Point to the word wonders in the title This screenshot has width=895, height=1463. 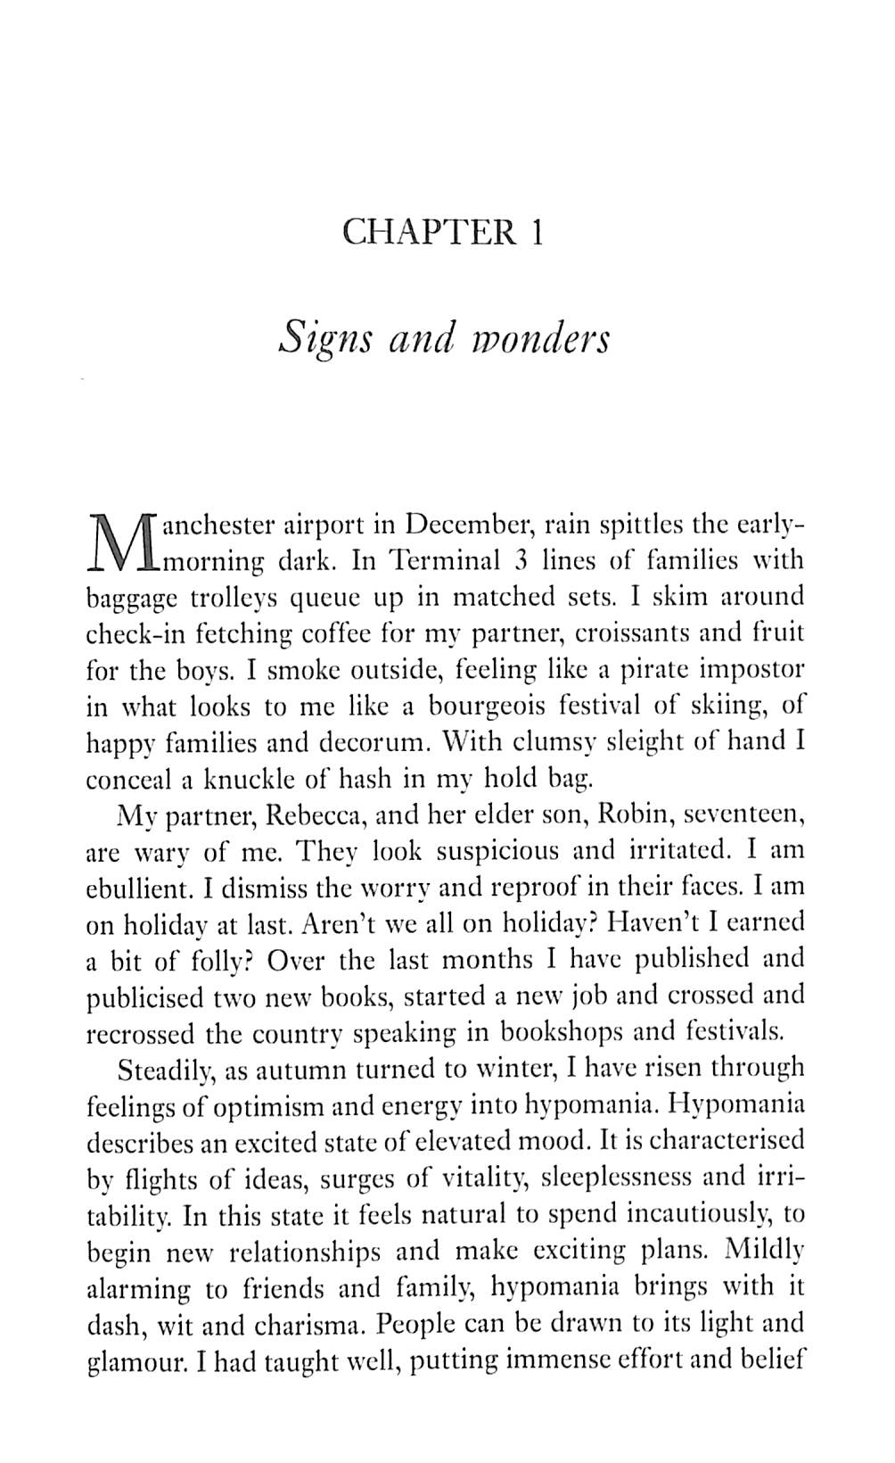pyautogui.click(x=545, y=338)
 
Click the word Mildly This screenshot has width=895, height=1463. pyautogui.click(x=765, y=1250)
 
